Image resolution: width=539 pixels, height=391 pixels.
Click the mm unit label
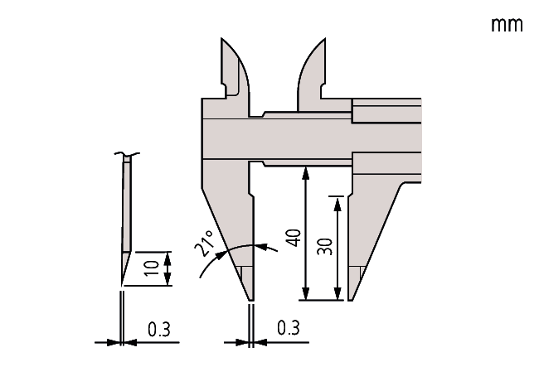pos(507,25)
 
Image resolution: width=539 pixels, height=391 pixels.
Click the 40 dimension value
pos(294,238)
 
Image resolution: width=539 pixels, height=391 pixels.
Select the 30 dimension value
pos(325,247)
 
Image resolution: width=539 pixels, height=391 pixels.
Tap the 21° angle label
pos(204,244)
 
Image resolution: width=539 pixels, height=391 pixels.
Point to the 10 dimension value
pos(152,268)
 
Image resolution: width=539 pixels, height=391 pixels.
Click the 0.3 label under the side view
pos(159,330)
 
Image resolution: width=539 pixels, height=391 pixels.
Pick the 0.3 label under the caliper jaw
pos(289,328)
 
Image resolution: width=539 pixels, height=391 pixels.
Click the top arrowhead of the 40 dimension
pos(305,173)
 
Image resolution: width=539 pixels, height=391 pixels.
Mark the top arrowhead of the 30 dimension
pos(337,205)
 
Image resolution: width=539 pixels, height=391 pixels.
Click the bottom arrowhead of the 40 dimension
pos(305,293)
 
